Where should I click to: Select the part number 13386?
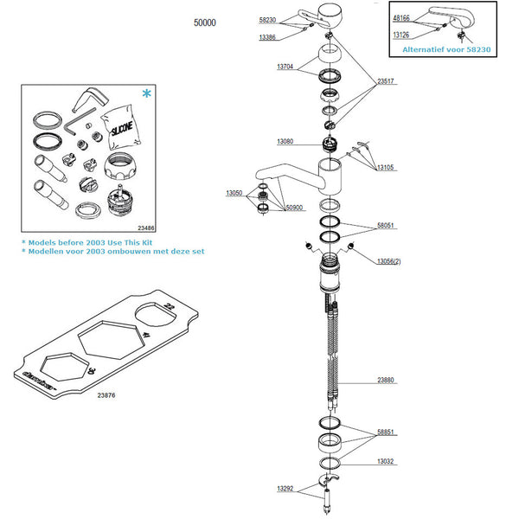click(x=266, y=38)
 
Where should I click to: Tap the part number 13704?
click(x=285, y=67)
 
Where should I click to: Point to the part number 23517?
click(x=386, y=82)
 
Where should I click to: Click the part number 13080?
click(x=285, y=142)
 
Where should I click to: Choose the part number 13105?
click(x=386, y=168)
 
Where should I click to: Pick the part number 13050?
click(x=234, y=193)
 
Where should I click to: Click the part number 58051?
click(x=386, y=225)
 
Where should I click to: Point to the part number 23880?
click(x=386, y=380)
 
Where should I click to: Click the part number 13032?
click(x=386, y=462)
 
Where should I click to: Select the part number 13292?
click(x=285, y=489)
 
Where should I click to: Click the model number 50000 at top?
click(x=205, y=23)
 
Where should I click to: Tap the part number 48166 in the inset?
click(x=400, y=16)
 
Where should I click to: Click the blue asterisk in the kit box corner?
click(x=144, y=93)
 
